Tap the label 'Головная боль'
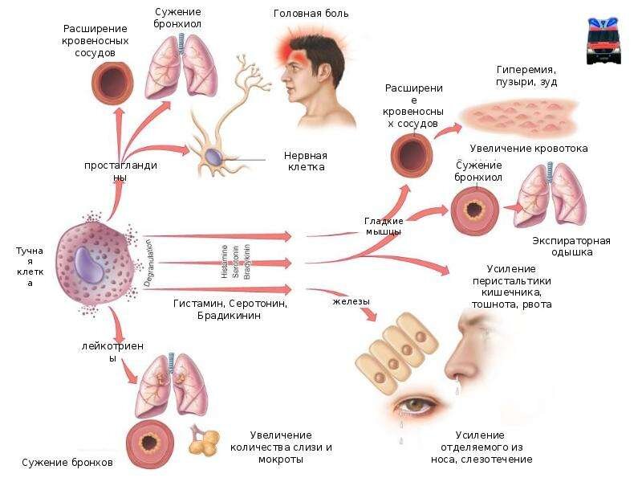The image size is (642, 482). coord(311,14)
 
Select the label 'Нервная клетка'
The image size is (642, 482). coord(306,161)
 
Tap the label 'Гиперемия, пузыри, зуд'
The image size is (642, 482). coord(526,76)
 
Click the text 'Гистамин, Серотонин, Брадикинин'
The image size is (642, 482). coord(230,310)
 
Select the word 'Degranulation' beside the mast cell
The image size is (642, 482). coord(149,262)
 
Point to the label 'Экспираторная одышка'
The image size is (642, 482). coord(571,247)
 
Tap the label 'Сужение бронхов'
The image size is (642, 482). coord(67,463)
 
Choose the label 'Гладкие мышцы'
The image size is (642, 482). coord(383,226)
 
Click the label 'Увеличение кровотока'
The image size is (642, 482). coord(529,149)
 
